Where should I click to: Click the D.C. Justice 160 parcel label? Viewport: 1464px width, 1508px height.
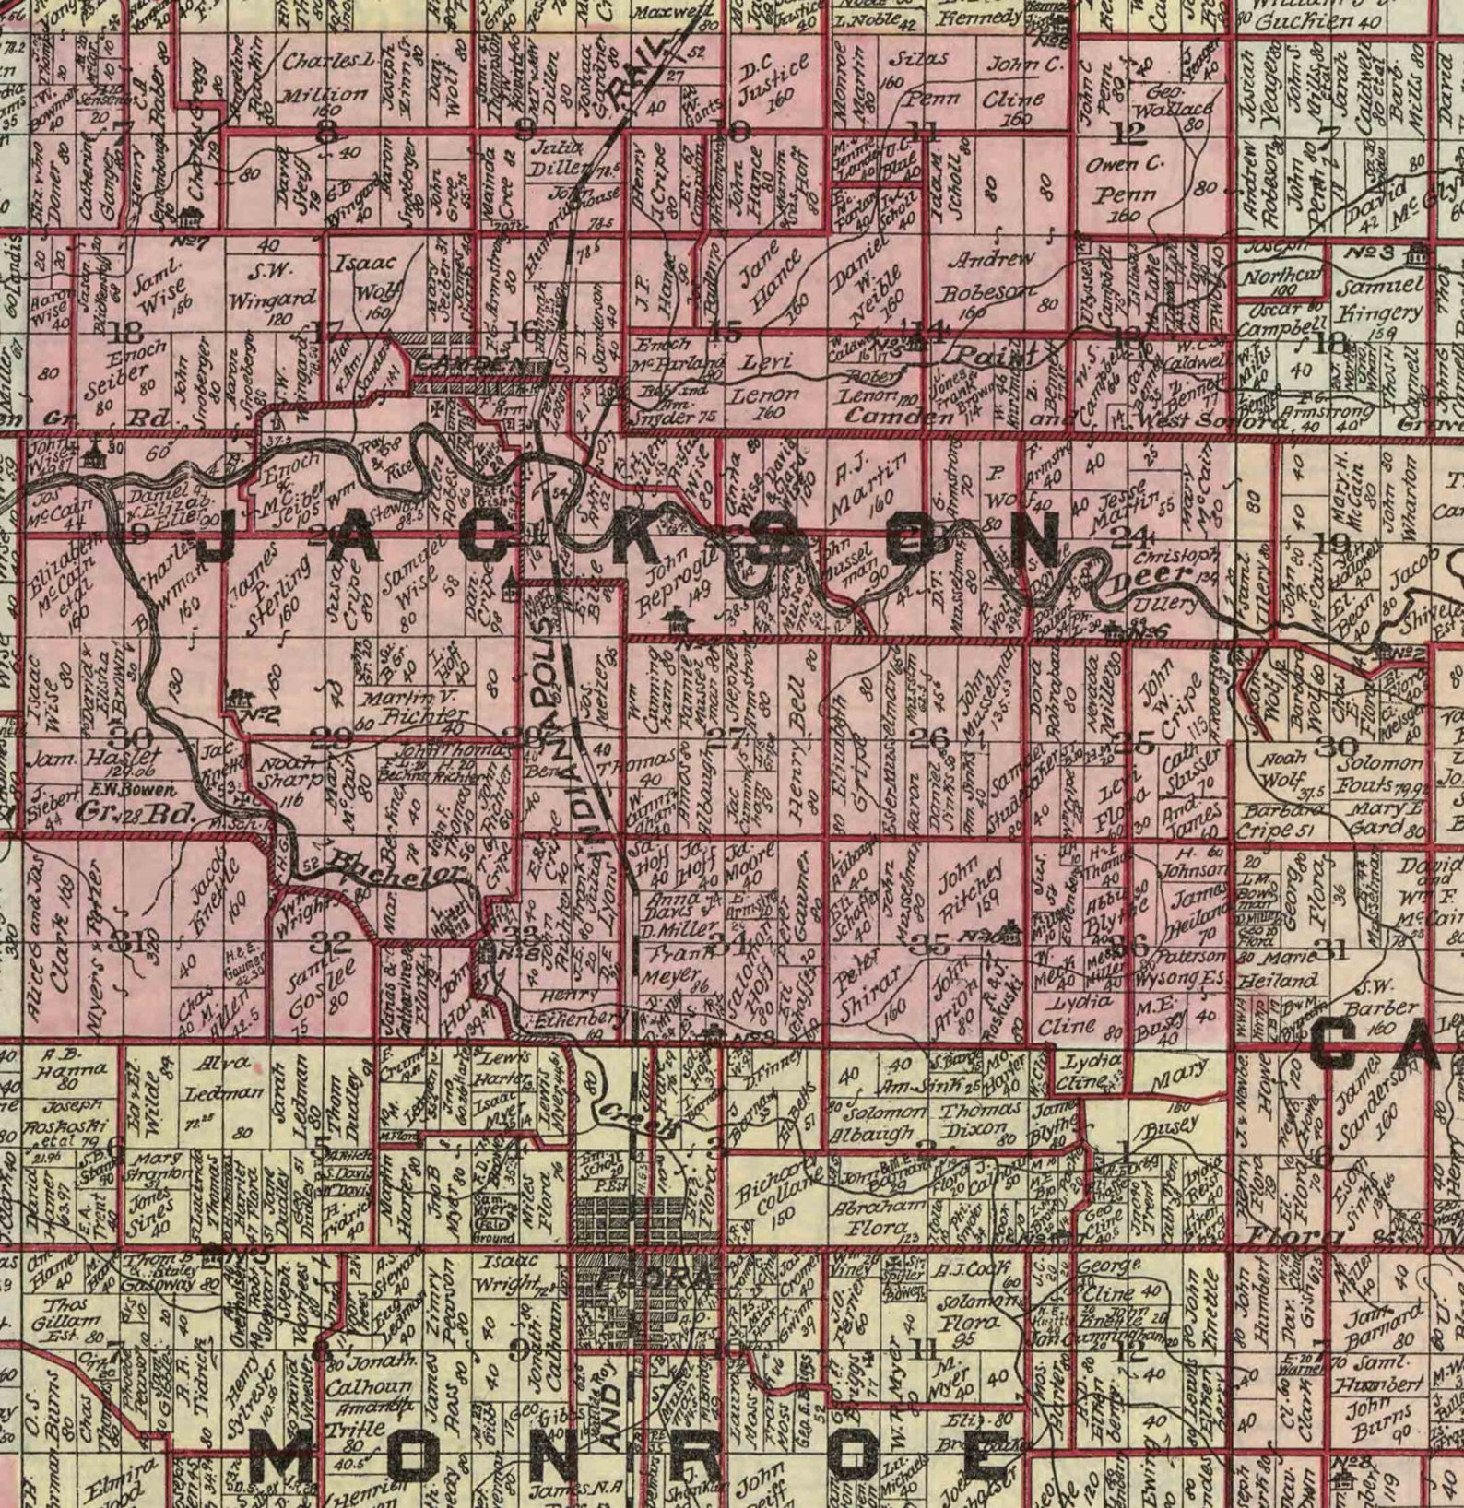click(x=773, y=81)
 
